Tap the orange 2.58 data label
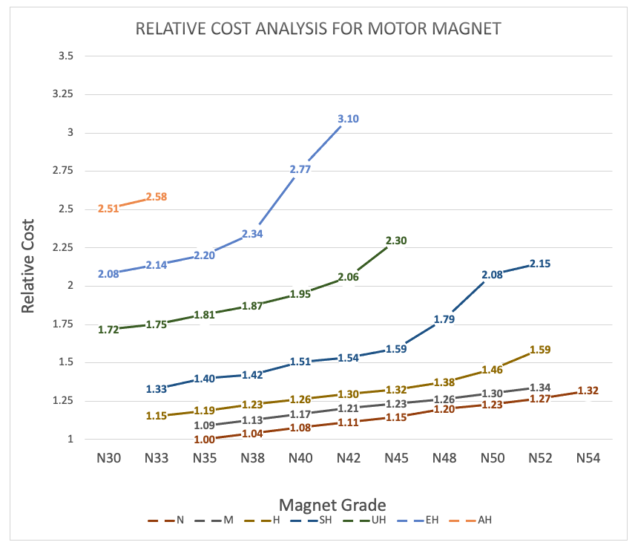pyautogui.click(x=157, y=197)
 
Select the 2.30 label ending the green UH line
pyautogui.click(x=397, y=241)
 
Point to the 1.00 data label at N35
pyautogui.click(x=204, y=440)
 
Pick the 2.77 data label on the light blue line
pyautogui.click(x=300, y=169)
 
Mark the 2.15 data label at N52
pyautogui.click(x=541, y=264)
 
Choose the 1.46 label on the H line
pyautogui.click(x=493, y=369)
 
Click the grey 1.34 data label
pyautogui.click(x=541, y=387)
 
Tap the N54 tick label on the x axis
pyautogui.click(x=588, y=458)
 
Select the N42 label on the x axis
pyautogui.click(x=348, y=458)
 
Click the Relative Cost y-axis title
pyautogui.click(x=29, y=265)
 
